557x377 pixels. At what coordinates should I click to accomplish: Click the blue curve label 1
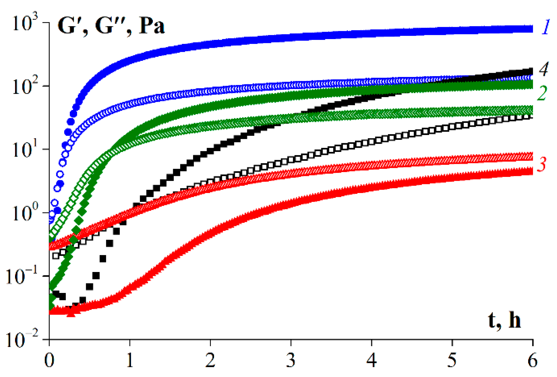[546, 27]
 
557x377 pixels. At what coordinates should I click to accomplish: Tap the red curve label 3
[541, 164]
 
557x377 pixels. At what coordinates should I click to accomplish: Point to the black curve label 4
[543, 69]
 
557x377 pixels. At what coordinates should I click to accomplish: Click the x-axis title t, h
[504, 320]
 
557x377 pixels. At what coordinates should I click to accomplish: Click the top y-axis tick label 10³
[25, 23]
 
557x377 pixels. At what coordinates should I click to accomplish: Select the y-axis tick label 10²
[25, 86]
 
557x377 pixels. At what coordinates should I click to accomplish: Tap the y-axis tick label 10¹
[25, 149]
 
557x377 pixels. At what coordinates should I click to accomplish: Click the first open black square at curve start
[56, 256]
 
